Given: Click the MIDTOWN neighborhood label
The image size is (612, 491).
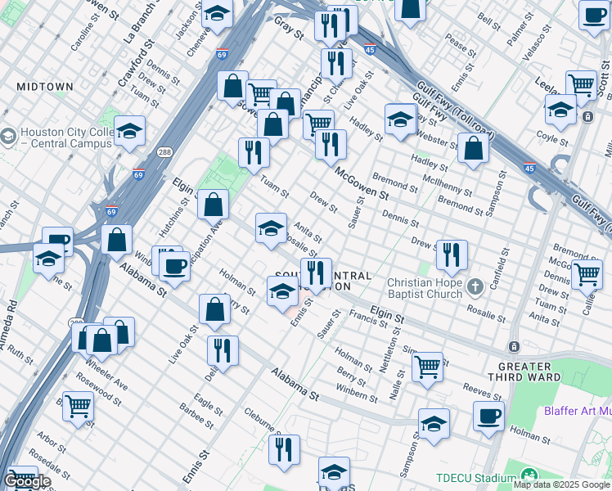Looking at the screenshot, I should click(x=45, y=86).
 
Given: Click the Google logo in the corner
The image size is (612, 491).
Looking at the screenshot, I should click(x=27, y=481).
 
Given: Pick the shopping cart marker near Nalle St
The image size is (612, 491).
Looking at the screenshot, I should click(x=427, y=367).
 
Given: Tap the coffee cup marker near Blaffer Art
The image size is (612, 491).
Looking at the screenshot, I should click(x=488, y=416).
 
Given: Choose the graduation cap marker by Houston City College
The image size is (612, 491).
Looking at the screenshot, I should click(x=129, y=132).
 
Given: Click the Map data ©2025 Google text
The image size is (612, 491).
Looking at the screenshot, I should click(x=561, y=484).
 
